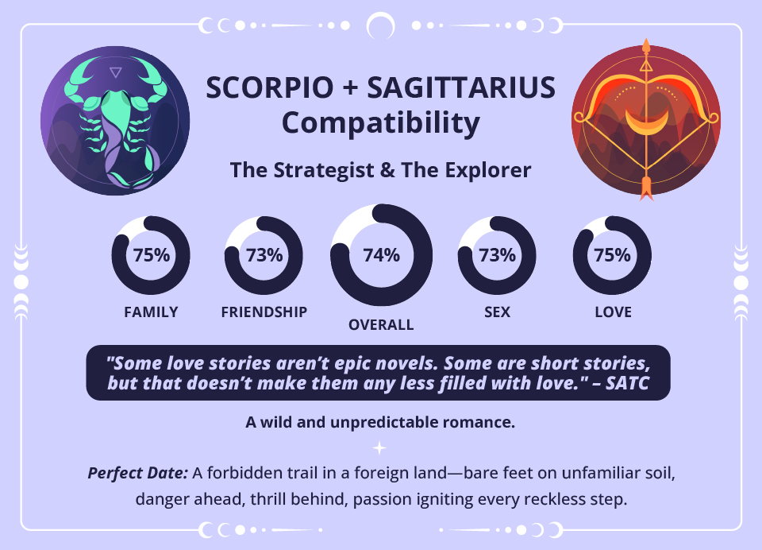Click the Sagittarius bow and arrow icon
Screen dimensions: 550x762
click(x=646, y=119)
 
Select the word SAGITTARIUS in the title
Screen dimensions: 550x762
click(x=461, y=88)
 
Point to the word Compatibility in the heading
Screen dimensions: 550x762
click(x=381, y=123)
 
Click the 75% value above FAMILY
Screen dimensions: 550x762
click(x=151, y=255)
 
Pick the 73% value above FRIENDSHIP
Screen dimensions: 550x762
click(x=264, y=255)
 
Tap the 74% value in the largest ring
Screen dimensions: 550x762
click(x=381, y=255)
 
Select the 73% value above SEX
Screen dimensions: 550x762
click(x=498, y=255)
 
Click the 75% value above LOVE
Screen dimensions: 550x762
click(x=612, y=255)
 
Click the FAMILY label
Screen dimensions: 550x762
click(x=151, y=312)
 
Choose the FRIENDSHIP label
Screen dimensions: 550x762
click(x=264, y=312)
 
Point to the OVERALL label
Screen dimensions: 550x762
click(x=381, y=324)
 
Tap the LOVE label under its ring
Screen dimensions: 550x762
click(x=613, y=312)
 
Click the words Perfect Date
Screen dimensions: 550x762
click(x=137, y=473)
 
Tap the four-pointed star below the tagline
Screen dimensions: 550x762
click(x=380, y=447)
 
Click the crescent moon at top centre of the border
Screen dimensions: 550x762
click(x=380, y=26)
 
